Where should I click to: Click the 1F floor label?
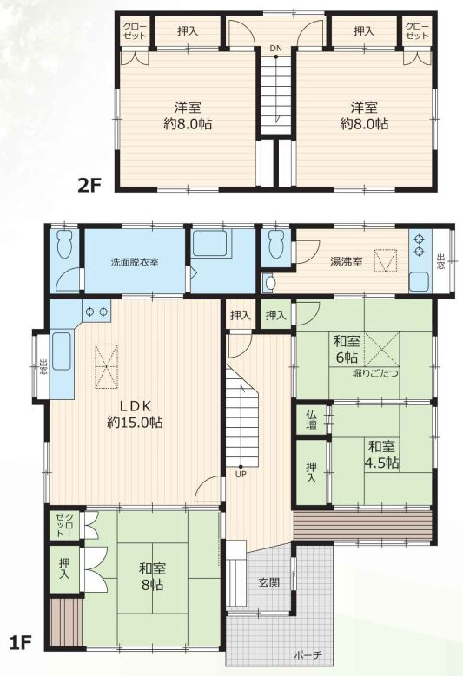pyautogui.click(x=20, y=643)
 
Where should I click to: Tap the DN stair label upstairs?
pyautogui.click(x=276, y=49)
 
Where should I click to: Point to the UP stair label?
pyautogui.click(x=241, y=474)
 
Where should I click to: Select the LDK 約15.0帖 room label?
pyautogui.click(x=135, y=414)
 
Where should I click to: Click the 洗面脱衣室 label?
pyautogui.click(x=135, y=262)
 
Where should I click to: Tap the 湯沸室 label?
pyautogui.click(x=346, y=262)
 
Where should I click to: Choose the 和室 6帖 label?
pyautogui.click(x=346, y=350)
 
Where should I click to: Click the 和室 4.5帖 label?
pyautogui.click(x=381, y=455)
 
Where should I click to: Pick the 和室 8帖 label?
pyautogui.click(x=152, y=576)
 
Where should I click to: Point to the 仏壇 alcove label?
pyautogui.click(x=312, y=419)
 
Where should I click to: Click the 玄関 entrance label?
pyautogui.click(x=268, y=583)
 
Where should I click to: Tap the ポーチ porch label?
pyautogui.click(x=308, y=655)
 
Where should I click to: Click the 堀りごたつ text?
pyautogui.click(x=375, y=373)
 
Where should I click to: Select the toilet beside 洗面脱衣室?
pyautogui.click(x=65, y=245)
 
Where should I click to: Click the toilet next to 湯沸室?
pyautogui.click(x=275, y=245)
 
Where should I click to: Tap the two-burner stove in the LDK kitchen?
pyautogui.click(x=96, y=311)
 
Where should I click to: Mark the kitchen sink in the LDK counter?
pyautogui.click(x=62, y=351)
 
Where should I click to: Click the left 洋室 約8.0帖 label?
pyautogui.click(x=188, y=115)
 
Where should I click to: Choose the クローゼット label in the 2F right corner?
pyautogui.click(x=417, y=31)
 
